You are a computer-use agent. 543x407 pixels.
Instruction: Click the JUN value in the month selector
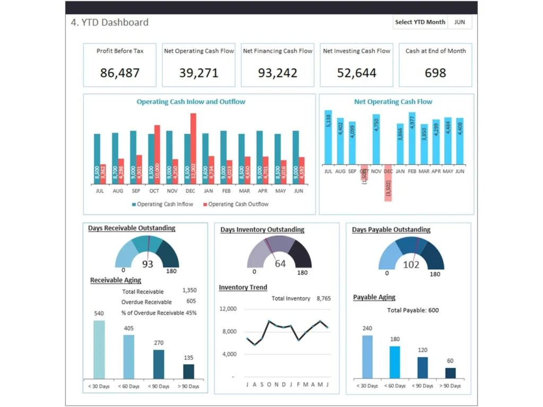click(x=459, y=22)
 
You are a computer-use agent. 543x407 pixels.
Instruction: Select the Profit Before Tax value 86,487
click(x=120, y=73)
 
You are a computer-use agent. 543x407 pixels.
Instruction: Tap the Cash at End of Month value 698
click(x=435, y=73)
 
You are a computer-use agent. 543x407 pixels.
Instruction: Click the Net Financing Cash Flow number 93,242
click(x=277, y=73)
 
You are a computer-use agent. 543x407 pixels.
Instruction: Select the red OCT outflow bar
click(x=157, y=154)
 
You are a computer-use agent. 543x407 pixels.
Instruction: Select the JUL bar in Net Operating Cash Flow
click(x=328, y=137)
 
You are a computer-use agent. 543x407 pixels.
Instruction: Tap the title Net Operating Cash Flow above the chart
click(x=393, y=102)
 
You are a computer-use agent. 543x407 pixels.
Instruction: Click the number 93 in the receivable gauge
click(x=147, y=264)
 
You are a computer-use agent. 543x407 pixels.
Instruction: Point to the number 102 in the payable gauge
click(x=411, y=265)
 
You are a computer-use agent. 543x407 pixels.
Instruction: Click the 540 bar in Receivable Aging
click(x=99, y=349)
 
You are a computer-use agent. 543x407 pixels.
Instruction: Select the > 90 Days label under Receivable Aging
click(x=188, y=386)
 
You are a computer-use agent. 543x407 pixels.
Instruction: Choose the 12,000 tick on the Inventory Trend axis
click(x=227, y=309)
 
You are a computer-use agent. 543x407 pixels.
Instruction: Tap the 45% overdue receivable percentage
click(x=191, y=313)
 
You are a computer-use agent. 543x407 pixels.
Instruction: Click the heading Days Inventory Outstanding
click(x=262, y=229)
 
